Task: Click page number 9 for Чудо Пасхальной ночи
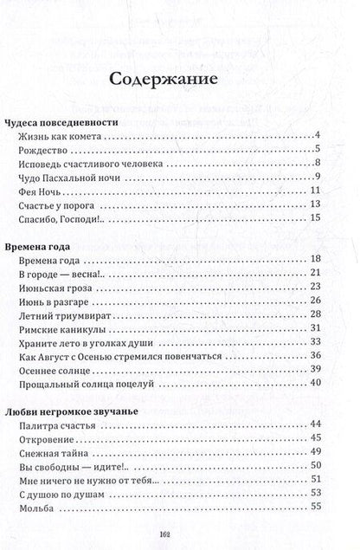point(318,178)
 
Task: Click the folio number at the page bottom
point(179,534)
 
